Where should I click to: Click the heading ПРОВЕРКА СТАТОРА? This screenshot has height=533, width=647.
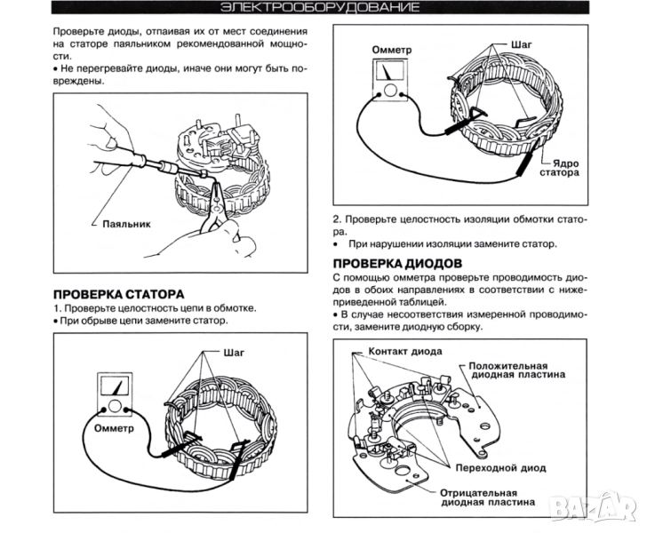tap(118, 293)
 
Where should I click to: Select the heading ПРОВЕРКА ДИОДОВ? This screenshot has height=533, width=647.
tap(397, 264)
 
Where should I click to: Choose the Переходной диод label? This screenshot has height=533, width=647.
tap(500, 467)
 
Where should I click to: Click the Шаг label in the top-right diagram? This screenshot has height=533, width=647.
tap(522, 43)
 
